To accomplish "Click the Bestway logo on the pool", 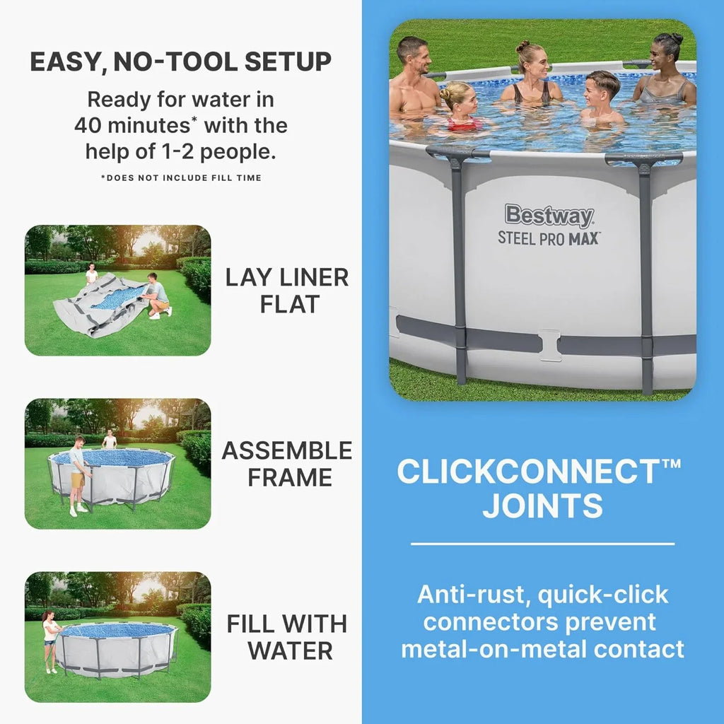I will click(x=549, y=216).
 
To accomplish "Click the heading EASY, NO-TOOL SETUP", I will click(x=180, y=62).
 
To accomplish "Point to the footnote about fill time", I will click(x=181, y=177).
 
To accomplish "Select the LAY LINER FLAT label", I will click(x=287, y=291).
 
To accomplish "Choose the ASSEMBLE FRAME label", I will click(x=287, y=464).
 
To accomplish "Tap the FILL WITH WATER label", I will click(x=287, y=636).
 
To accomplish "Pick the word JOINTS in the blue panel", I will click(x=542, y=506).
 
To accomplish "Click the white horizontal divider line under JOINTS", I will click(x=542, y=544).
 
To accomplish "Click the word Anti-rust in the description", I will click(x=473, y=595).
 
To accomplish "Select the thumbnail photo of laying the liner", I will click(x=117, y=290).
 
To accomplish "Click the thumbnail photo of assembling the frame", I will click(x=117, y=463).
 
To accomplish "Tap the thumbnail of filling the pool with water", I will click(x=117, y=636).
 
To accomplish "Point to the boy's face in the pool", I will click(x=602, y=90).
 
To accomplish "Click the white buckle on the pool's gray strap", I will click(x=549, y=344).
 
